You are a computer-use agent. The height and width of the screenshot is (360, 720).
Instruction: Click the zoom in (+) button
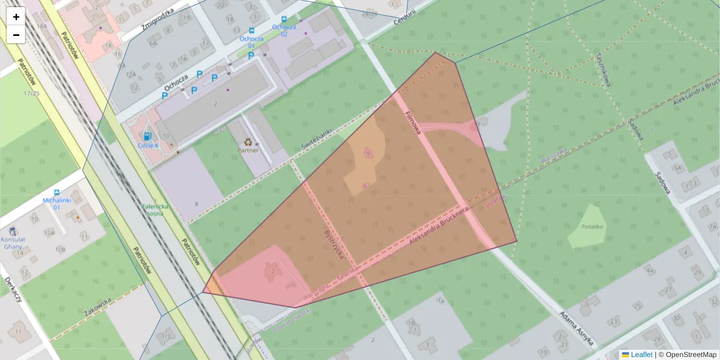click(16, 16)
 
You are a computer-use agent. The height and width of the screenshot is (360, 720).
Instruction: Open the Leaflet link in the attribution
click(641, 355)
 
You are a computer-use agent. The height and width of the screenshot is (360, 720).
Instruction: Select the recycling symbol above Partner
click(248, 142)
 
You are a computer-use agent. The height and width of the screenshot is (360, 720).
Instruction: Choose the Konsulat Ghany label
click(13, 242)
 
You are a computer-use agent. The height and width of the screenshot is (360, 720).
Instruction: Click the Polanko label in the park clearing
click(592, 227)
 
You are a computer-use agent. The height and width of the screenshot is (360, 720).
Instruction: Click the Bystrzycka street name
click(334, 243)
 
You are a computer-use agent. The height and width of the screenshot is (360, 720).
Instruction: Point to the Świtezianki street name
click(316, 140)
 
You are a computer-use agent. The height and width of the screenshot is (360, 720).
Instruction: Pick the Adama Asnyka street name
click(576, 329)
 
